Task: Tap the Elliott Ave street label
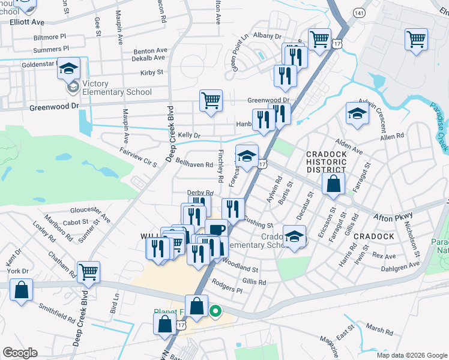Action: pyautogui.click(x=28, y=22)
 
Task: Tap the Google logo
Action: pyautogui.click(x=20, y=353)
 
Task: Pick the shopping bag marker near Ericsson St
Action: pyautogui.click(x=333, y=185)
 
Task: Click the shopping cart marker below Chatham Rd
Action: pyautogui.click(x=89, y=272)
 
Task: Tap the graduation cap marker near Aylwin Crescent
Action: pyautogui.click(x=357, y=114)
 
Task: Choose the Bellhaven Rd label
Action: pyautogui.click(x=194, y=164)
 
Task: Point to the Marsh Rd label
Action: pyautogui.click(x=379, y=329)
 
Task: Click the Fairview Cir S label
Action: pyautogui.click(x=137, y=157)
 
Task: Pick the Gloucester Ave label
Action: pyautogui.click(x=90, y=212)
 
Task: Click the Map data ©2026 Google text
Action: pyautogui.click(x=411, y=355)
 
